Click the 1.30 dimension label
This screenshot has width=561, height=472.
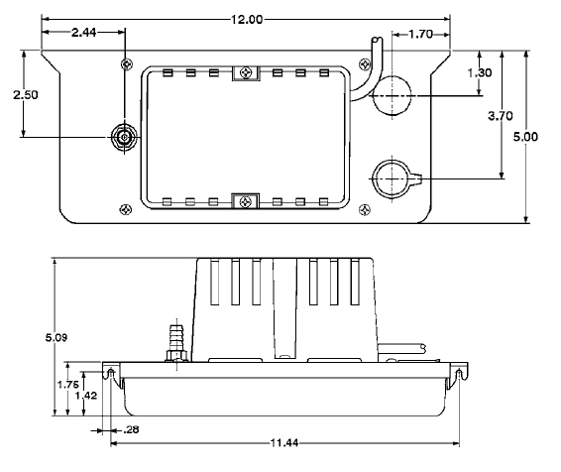[479, 73]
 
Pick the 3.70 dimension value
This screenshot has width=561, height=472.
[502, 116]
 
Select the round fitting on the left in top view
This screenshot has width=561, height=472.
[125, 136]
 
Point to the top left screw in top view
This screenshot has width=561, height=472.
[125, 63]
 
